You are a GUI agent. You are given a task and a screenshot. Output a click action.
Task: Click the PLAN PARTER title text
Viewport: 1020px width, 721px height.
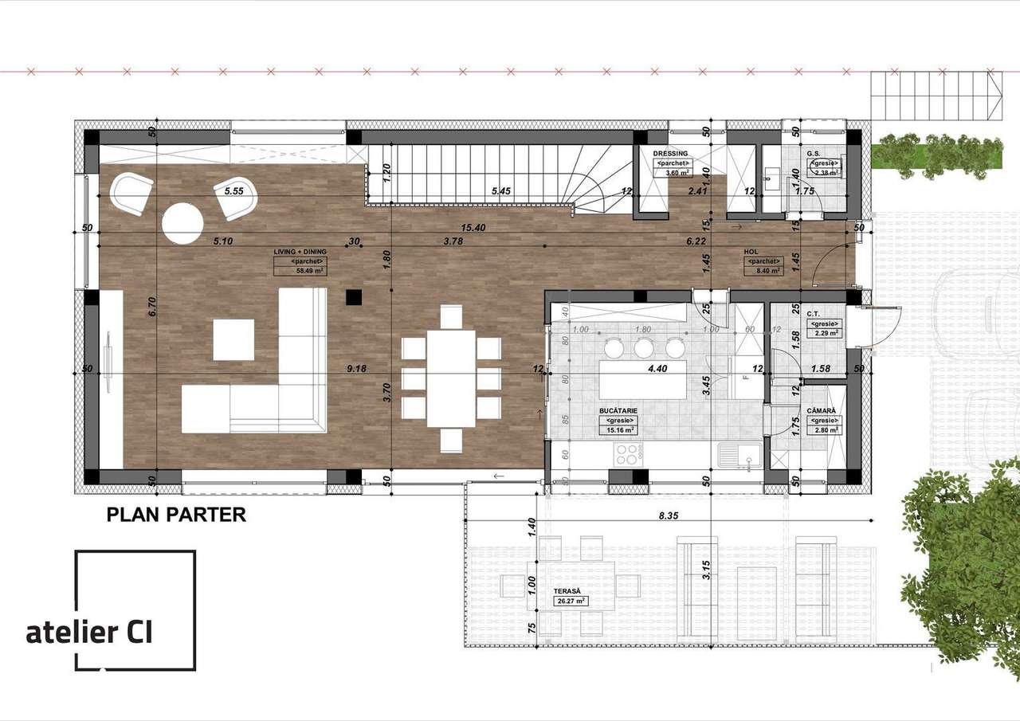(176, 515)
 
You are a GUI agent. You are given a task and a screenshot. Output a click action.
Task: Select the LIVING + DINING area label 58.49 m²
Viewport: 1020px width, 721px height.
(300, 271)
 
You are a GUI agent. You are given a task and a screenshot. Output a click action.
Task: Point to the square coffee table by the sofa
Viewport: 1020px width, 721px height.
(233, 340)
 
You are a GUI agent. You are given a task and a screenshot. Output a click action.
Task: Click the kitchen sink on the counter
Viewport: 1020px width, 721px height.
(738, 455)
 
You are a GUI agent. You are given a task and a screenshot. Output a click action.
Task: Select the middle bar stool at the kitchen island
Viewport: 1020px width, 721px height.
(644, 348)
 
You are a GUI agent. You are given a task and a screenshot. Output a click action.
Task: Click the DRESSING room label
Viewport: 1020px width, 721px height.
(670, 153)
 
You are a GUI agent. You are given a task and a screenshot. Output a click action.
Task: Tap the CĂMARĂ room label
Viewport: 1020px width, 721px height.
(821, 411)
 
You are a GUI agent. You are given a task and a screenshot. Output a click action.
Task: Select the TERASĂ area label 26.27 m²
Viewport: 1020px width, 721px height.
(570, 601)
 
